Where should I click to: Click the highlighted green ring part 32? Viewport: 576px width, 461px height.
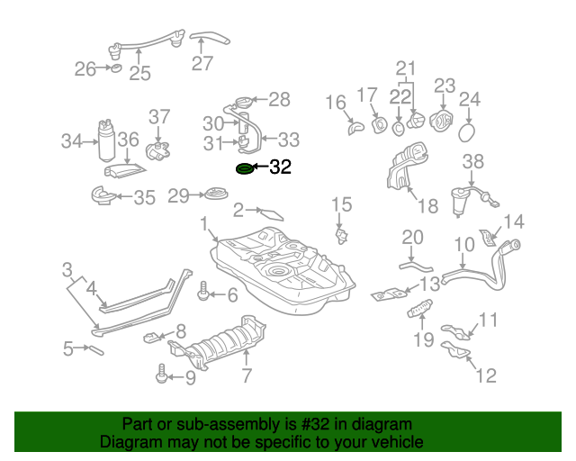(x=244, y=168)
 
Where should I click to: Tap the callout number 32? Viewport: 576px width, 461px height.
(x=281, y=167)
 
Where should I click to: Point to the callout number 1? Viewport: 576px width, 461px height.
(x=204, y=222)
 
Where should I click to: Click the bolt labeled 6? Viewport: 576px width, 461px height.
(x=203, y=293)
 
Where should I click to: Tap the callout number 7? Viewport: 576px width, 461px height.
(x=246, y=375)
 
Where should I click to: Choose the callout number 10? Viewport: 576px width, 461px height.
(x=463, y=244)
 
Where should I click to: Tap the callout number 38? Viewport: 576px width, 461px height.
(x=473, y=162)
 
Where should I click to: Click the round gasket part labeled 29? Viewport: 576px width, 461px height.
(x=216, y=194)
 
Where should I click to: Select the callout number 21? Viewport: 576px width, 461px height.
(x=408, y=68)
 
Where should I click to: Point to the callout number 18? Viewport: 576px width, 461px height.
(x=427, y=206)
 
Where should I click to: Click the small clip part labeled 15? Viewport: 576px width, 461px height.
(x=341, y=236)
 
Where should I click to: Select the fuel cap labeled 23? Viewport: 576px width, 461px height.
(x=442, y=121)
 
